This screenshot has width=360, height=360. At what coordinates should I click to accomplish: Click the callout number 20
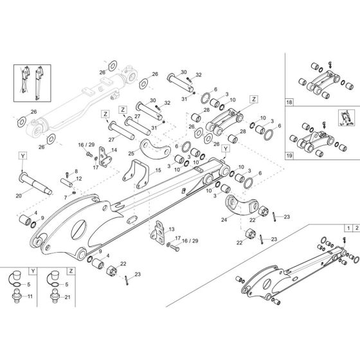19,195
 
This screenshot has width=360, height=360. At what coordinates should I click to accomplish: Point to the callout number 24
224,220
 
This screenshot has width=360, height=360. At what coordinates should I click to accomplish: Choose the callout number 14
114,150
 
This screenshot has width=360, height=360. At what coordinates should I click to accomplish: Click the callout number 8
76,171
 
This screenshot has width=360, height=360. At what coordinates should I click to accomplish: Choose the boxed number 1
347,228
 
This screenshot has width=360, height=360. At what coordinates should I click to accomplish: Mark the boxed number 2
355,228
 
